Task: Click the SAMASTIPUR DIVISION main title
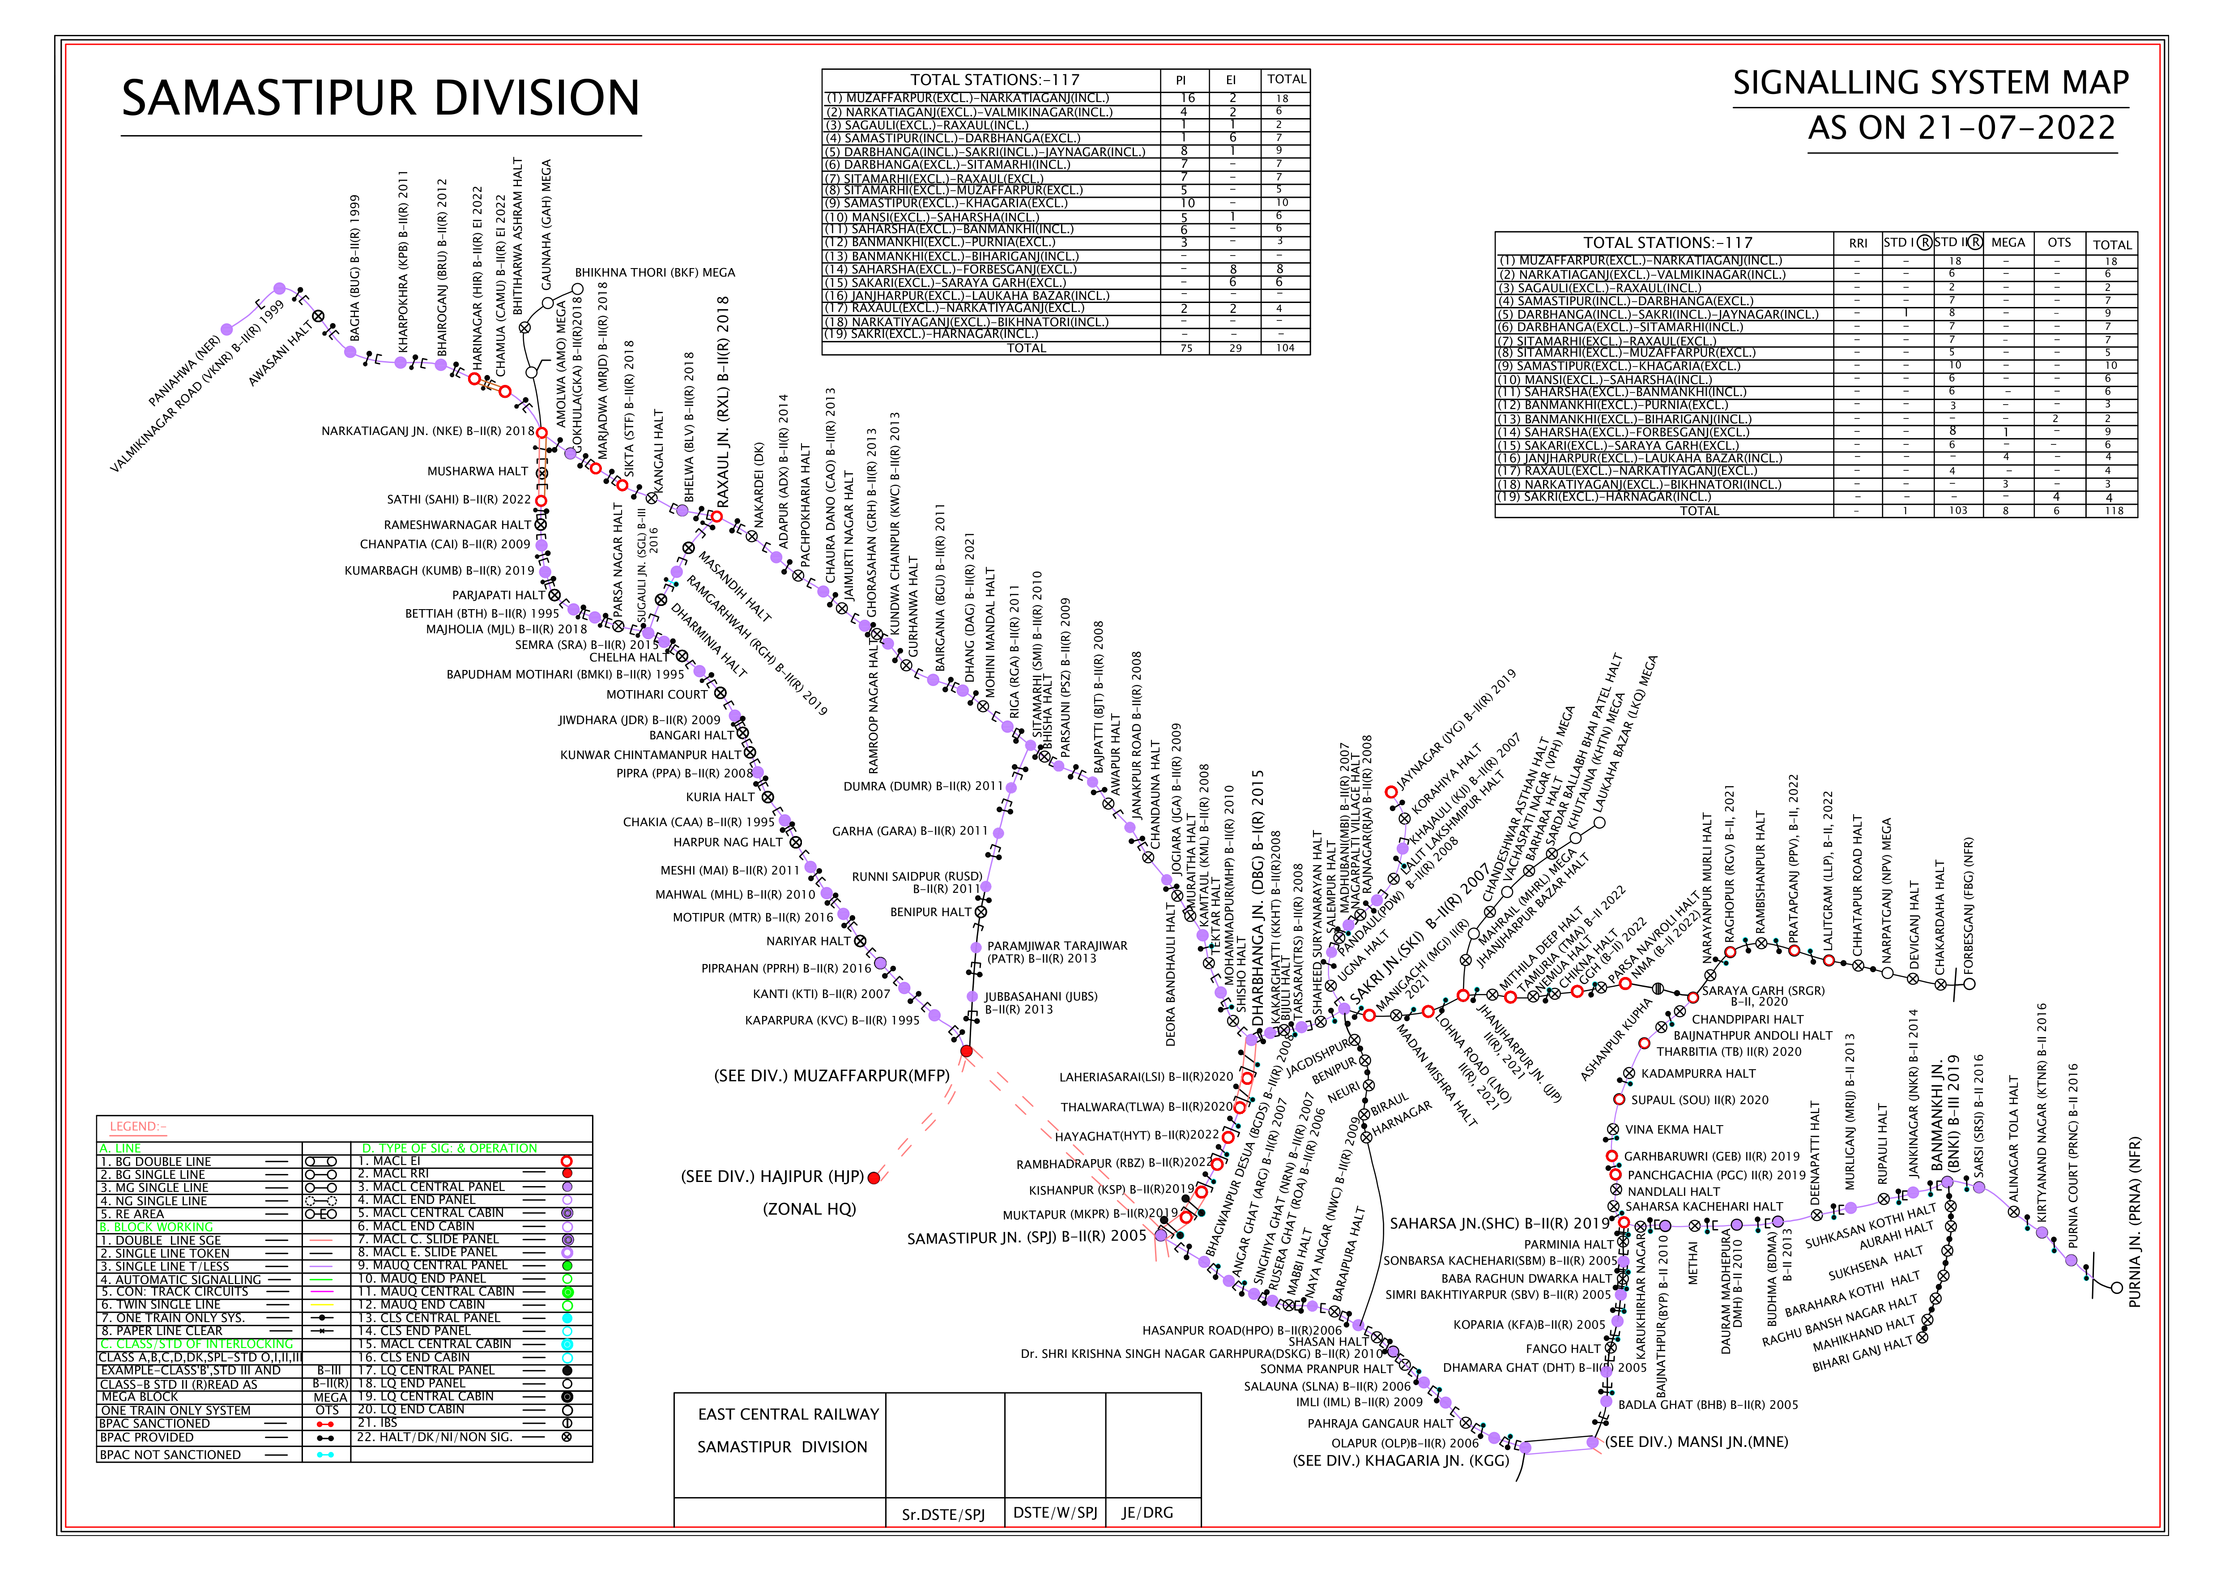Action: tap(380, 98)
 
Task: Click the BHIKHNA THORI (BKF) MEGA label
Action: tap(655, 273)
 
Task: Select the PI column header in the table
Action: tap(1181, 80)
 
